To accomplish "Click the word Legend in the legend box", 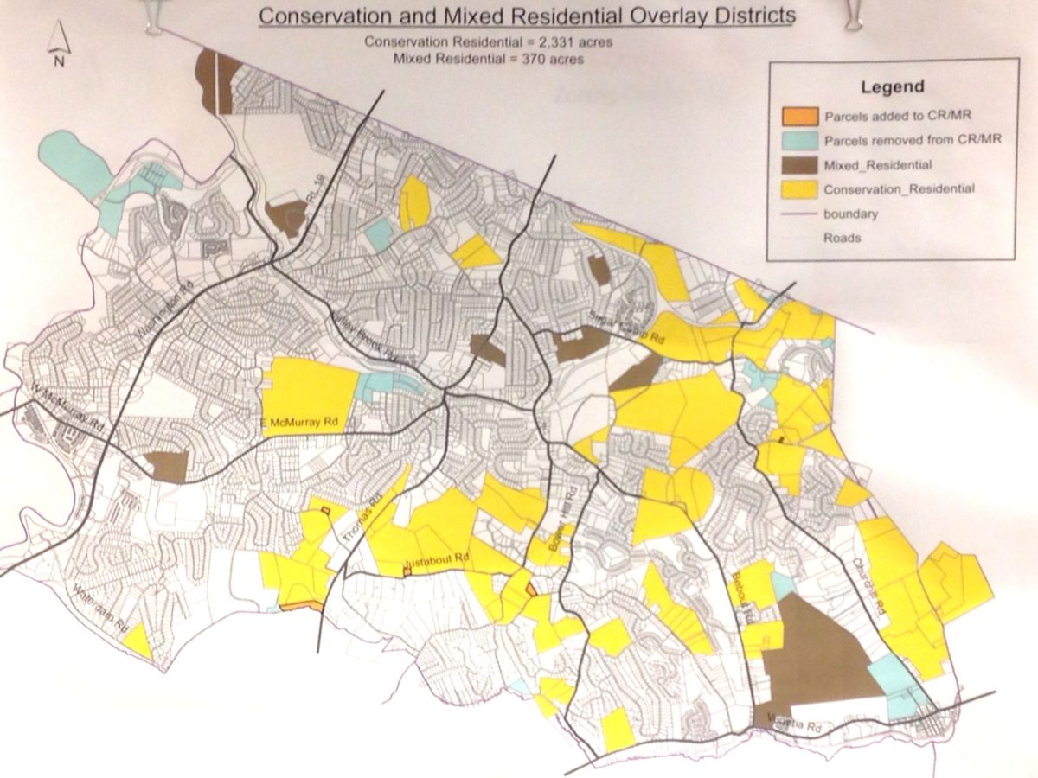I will [893, 86].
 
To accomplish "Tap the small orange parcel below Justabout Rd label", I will [406, 571].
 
